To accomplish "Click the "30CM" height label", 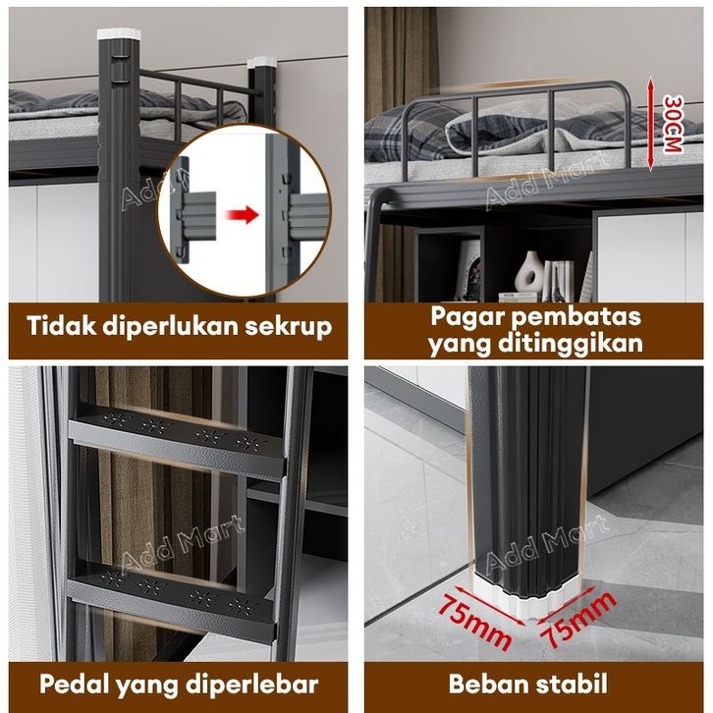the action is click(672, 124).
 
